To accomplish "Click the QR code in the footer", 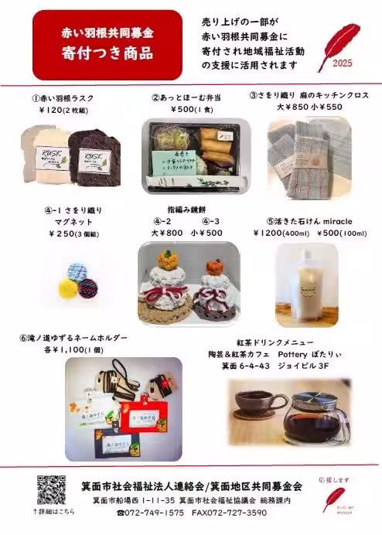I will pyautogui.click(x=52, y=490).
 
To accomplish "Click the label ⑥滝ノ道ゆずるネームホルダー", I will pyautogui.click(x=72, y=339).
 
